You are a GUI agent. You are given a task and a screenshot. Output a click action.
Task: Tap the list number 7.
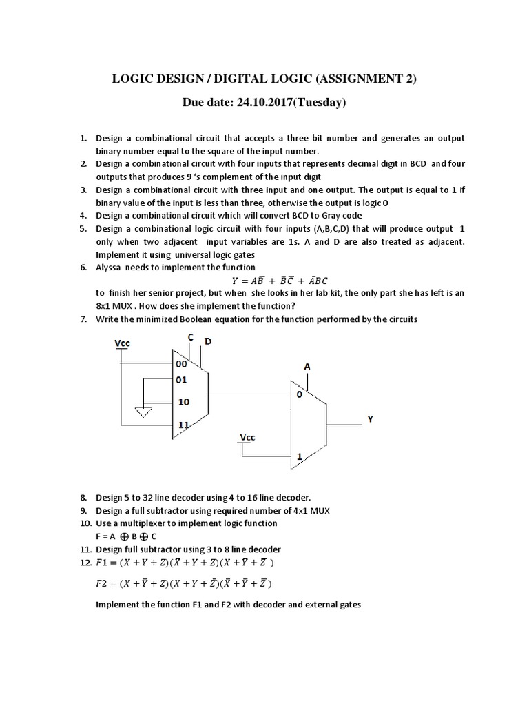[83, 319]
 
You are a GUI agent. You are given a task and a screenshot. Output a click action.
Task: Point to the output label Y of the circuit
[370, 418]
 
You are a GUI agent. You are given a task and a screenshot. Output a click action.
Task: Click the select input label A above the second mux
[307, 367]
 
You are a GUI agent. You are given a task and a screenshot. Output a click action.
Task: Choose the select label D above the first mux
[208, 342]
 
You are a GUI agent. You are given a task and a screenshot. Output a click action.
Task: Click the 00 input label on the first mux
[181, 364]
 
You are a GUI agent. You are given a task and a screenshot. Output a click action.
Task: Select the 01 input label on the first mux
[181, 379]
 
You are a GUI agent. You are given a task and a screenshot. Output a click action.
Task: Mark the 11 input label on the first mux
[183, 425]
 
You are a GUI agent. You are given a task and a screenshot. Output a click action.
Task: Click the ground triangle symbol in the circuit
[143, 412]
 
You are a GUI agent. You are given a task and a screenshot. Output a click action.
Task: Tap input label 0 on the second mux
[300, 396]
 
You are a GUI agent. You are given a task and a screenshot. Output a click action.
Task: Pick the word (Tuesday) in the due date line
[314, 103]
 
